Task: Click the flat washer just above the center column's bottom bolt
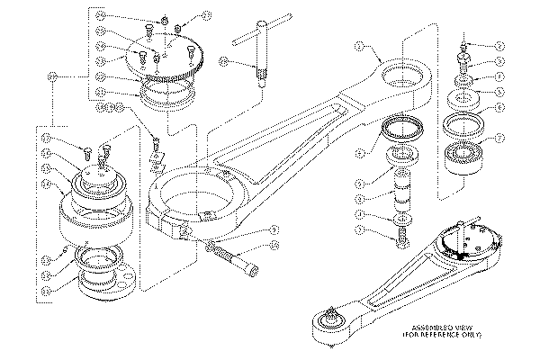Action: coord(400,219)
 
